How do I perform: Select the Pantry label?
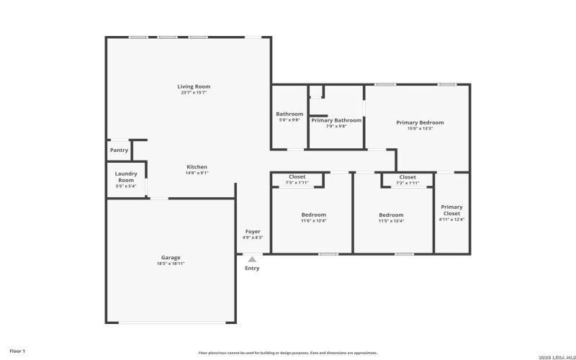[119, 150]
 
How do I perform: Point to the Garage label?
[171, 257]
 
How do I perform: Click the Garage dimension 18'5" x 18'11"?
[171, 264]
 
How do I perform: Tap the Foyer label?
[252, 231]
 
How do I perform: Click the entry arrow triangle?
[252, 259]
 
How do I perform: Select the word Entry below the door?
[252, 269]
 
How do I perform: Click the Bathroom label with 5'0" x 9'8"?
[289, 114]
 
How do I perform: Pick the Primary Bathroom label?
[336, 120]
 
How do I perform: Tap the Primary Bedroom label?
[420, 122]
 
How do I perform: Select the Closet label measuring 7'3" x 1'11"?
[297, 177]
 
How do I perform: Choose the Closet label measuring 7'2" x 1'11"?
[408, 177]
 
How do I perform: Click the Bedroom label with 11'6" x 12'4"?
[313, 215]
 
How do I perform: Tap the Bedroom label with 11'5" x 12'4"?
[392, 215]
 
